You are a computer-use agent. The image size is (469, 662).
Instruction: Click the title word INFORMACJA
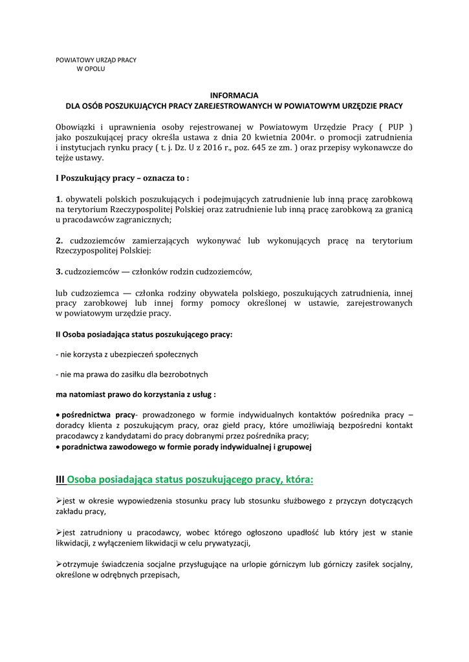tap(234, 95)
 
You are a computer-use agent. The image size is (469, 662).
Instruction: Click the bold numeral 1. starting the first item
tap(58, 198)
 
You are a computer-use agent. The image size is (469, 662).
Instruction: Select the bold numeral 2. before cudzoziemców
tap(59, 240)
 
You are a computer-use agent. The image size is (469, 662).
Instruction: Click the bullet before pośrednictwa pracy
tap(58, 414)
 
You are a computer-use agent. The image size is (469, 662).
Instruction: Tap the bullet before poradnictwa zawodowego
tap(58, 447)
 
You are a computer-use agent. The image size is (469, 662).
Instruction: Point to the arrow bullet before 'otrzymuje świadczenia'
tap(59, 564)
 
